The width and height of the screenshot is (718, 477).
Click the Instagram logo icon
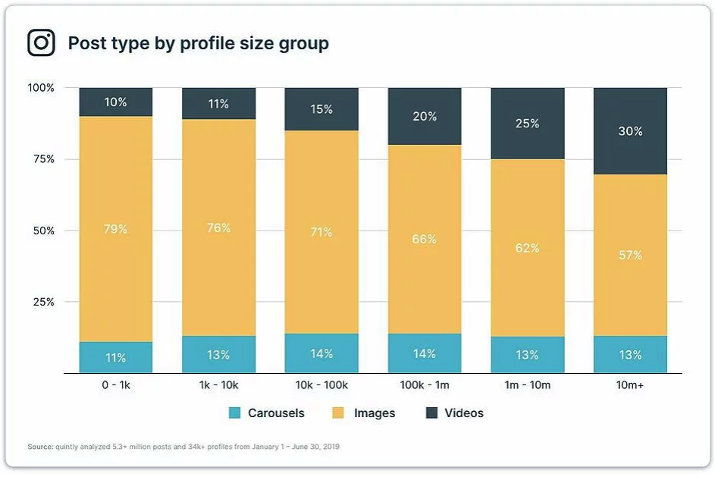42,42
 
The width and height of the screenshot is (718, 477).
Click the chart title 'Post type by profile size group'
199,43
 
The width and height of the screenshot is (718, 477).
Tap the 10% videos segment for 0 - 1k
116,102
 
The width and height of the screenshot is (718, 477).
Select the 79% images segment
116,229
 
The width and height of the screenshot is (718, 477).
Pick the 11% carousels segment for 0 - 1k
116,358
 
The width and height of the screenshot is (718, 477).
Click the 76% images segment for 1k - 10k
218,228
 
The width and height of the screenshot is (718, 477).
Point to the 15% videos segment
321,109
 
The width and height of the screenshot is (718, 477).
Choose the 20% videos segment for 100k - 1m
425,117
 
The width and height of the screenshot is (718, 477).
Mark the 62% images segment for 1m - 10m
528,248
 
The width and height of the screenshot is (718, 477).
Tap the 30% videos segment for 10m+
630,131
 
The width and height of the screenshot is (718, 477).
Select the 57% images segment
630,255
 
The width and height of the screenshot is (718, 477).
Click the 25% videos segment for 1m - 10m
528,124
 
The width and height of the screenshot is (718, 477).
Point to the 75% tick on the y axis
42,159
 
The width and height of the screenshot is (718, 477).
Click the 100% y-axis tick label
41,88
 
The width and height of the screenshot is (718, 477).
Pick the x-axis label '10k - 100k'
321,385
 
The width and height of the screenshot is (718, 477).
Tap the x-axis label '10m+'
630,385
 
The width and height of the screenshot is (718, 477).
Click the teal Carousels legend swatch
234,413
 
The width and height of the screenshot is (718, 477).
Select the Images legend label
375,413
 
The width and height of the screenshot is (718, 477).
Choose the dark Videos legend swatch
431,413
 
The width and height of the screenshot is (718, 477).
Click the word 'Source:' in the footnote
40,447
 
